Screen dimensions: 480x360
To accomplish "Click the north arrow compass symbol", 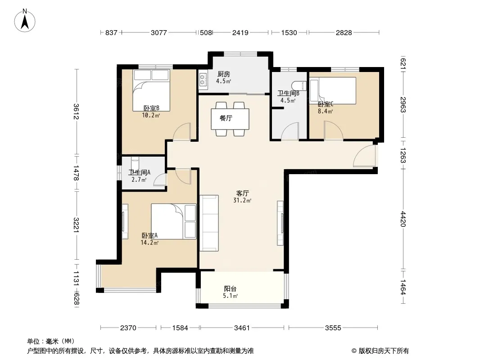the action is point(25,21).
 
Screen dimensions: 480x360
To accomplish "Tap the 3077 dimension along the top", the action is point(159,32).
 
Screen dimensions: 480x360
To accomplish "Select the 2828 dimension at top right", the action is point(344,32).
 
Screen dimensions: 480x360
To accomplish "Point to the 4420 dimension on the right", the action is point(403,219).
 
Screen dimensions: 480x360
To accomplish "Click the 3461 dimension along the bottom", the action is point(242,328).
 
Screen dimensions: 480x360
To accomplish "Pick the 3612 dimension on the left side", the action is point(76,112).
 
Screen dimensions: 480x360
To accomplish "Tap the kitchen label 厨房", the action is point(224,74).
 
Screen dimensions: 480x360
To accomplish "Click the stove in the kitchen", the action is point(203,79).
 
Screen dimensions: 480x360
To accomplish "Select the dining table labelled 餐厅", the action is point(230,119).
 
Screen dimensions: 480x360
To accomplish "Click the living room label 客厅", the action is point(242,193).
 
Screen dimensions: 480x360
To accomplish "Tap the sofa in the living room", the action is point(209,223).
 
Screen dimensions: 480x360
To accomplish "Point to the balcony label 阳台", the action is point(230,288).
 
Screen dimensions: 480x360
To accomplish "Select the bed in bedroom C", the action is point(333,90).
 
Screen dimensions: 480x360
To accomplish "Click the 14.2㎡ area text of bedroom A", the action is point(149,243).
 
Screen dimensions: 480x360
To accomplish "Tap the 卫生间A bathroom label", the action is point(139,172).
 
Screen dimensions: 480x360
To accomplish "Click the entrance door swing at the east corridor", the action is point(364,156).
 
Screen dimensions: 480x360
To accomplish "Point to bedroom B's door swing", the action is point(182,131).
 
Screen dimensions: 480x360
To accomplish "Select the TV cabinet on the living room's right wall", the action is point(281,223).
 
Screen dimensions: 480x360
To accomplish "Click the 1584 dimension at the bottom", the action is point(180,328).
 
